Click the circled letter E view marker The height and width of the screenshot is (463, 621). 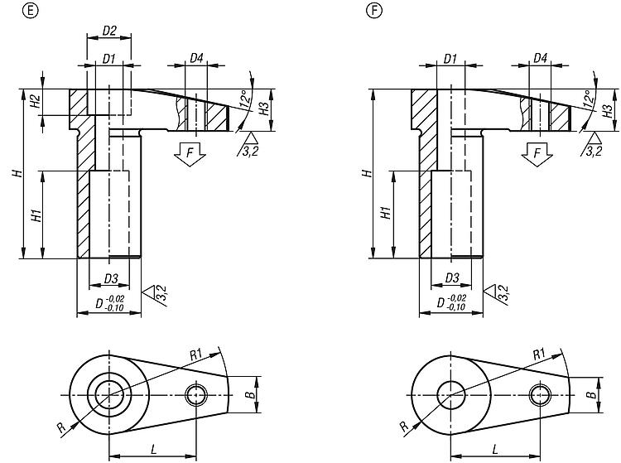(31, 11)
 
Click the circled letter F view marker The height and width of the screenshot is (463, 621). (374, 11)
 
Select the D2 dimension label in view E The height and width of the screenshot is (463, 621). (109, 31)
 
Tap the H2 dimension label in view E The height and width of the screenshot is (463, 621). (36, 102)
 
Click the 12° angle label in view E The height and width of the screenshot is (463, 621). (245, 99)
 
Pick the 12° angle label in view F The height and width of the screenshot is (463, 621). (589, 99)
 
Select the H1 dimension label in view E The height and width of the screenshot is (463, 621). (36, 215)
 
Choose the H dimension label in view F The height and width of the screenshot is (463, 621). (368, 173)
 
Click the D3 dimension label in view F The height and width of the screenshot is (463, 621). (452, 278)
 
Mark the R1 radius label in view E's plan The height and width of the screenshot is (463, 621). (196, 354)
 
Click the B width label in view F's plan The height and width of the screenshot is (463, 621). (590, 395)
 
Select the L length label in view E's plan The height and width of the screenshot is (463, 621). (154, 449)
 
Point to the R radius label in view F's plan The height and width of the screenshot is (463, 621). (403, 427)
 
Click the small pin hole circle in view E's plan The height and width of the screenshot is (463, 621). (196, 395)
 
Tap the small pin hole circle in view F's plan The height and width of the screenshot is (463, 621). (540, 395)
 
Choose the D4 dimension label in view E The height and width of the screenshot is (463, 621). (196, 59)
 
